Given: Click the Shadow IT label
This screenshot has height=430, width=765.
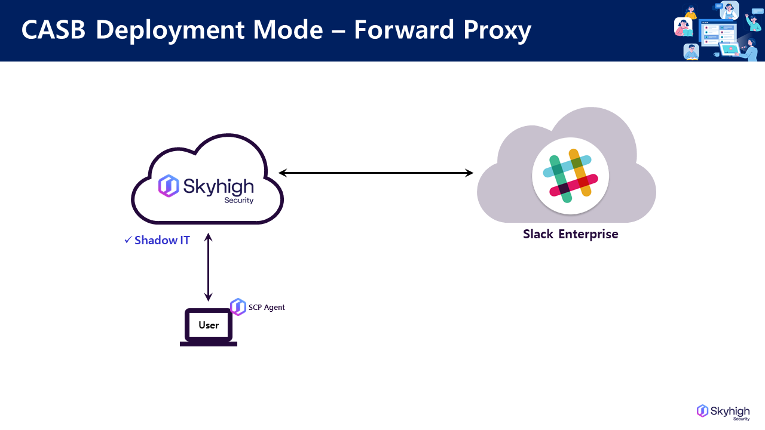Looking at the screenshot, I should point(162,241).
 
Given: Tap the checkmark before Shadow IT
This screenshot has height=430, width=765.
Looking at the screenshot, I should point(127,240).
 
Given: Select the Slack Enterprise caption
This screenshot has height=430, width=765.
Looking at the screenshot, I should point(570,234).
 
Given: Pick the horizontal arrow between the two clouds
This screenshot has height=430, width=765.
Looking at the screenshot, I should point(376,173).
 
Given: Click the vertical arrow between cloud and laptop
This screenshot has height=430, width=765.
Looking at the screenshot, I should point(208,268).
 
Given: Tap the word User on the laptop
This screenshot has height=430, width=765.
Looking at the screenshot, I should point(209,325).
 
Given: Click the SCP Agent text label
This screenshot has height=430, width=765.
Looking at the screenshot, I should point(267,308).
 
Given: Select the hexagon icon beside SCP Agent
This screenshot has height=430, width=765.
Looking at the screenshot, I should point(238,307).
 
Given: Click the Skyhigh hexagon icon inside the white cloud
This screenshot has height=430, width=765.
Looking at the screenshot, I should point(168,186).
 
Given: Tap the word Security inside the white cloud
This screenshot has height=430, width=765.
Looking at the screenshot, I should point(238,201).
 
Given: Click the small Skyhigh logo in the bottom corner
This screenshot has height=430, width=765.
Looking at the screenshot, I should point(723,411).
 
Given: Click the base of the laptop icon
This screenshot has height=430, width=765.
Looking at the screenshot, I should point(209,343).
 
